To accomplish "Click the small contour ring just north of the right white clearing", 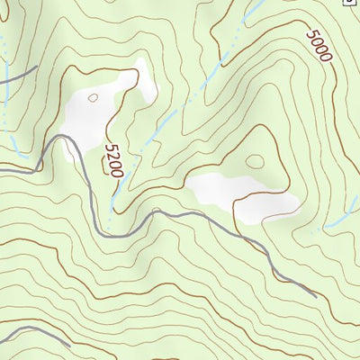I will click(256, 162).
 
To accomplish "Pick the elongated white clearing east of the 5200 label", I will click(243, 196).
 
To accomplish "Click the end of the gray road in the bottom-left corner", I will click(69, 344).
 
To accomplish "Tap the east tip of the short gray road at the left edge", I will click(36, 67).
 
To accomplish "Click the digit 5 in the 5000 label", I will click(311, 35).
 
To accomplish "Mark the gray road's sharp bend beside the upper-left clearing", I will click(65, 138).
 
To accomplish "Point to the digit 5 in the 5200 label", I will click(110, 147).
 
